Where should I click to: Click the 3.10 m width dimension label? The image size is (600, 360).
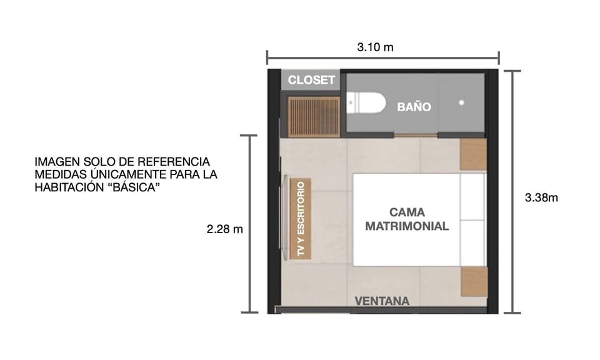tap(375, 47)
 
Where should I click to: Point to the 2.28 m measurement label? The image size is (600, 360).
tap(224, 229)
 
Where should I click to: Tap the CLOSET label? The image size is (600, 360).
tap(311, 81)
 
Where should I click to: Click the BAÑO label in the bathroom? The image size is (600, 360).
tap(414, 107)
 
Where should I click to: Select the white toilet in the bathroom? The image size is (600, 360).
tap(366, 103)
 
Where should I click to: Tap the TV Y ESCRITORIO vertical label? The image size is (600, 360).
tap(301, 219)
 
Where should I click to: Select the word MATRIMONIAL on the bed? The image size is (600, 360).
tap(407, 226)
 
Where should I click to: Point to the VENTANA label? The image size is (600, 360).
tap(382, 301)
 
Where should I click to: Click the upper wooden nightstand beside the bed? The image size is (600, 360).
tap(473, 155)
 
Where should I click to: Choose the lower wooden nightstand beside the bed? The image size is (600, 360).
tap(474, 281)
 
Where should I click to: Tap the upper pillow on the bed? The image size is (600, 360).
tap(472, 196)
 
